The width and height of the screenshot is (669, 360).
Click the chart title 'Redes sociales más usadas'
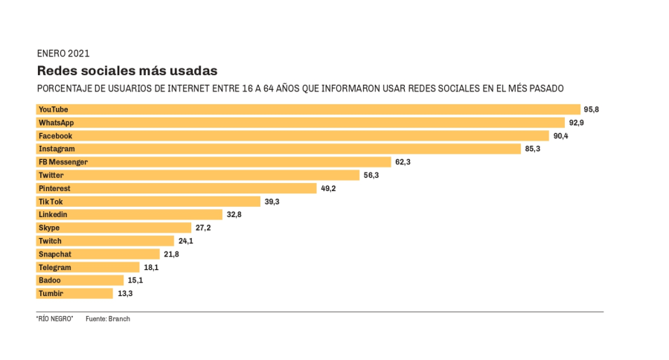click(x=127, y=71)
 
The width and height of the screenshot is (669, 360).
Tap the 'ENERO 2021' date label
click(x=63, y=53)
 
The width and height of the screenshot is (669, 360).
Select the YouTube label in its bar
click(x=53, y=109)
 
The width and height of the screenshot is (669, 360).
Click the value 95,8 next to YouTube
click(x=592, y=109)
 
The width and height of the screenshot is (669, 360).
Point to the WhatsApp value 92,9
click(x=576, y=123)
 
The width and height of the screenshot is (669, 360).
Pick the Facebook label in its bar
click(x=55, y=136)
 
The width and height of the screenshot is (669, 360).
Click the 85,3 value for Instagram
click(x=532, y=149)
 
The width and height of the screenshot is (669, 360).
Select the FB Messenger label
click(x=63, y=162)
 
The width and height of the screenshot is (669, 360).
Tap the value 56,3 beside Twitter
click(x=371, y=176)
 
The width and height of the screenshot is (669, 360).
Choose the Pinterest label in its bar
click(x=54, y=188)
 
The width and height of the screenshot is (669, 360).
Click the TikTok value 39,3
click(x=272, y=202)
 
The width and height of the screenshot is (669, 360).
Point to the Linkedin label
click(x=53, y=215)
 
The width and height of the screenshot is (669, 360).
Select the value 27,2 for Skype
click(x=203, y=228)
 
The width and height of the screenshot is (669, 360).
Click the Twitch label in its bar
click(x=50, y=241)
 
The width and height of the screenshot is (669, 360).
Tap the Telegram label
click(x=54, y=267)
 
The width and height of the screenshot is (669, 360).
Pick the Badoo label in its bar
click(x=49, y=280)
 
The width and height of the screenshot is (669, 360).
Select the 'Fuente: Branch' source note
click(x=107, y=319)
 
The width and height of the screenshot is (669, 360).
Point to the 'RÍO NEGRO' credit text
click(x=54, y=319)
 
